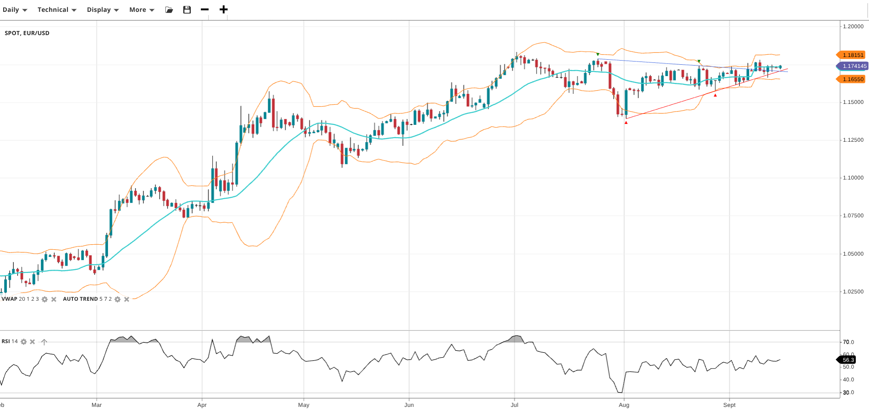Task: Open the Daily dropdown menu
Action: [15, 10]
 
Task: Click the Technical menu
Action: [56, 10]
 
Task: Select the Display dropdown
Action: [102, 10]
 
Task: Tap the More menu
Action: [141, 10]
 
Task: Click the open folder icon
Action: [169, 10]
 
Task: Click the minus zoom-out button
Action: [204, 10]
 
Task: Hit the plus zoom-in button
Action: [223, 10]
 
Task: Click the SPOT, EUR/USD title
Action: [27, 33]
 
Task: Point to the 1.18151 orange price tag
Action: [852, 55]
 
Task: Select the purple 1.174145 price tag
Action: [854, 66]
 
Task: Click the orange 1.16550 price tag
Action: [852, 79]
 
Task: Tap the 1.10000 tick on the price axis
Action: [853, 178]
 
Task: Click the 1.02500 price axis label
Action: [853, 292]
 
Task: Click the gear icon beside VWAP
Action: [45, 299]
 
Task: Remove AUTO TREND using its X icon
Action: [127, 299]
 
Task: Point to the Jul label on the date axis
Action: [514, 405]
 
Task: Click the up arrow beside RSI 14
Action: [44, 342]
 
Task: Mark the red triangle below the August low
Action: [626, 123]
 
